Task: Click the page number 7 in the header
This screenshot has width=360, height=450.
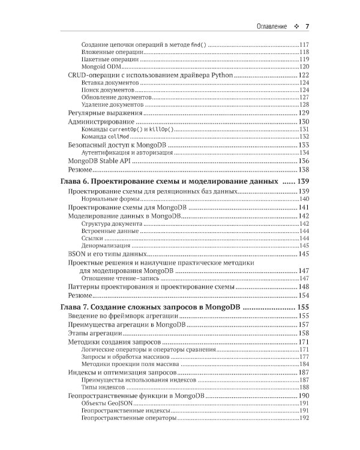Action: coord(307,26)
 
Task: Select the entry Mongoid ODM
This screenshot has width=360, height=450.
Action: coord(101,67)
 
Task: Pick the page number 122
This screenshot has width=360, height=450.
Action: coord(303,75)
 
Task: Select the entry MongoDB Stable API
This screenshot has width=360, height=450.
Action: coord(98,161)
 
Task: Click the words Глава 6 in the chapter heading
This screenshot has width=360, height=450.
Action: coord(77,181)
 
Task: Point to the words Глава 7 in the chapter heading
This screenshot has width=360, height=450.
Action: coord(77,307)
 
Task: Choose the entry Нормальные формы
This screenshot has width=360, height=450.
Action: coord(110,199)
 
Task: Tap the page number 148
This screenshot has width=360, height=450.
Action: coord(303,287)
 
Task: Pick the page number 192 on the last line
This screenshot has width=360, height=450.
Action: coord(303,418)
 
